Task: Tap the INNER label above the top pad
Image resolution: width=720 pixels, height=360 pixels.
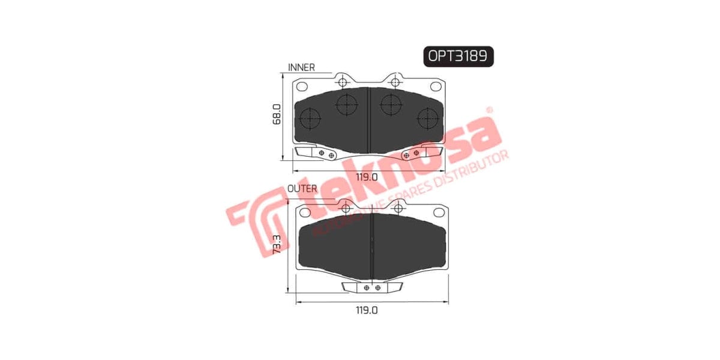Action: point(301,67)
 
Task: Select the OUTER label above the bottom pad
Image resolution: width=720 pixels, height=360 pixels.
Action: point(302,188)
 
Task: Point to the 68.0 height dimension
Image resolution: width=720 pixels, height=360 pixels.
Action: point(277,114)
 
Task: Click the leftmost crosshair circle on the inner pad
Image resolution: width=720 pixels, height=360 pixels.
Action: point(309,118)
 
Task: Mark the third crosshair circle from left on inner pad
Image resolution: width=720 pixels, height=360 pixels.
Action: point(391,104)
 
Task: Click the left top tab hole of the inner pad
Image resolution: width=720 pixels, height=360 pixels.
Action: point(343,82)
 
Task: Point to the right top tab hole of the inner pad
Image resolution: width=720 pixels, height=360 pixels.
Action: point(394,82)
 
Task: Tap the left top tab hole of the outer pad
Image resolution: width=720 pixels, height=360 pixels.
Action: point(345,209)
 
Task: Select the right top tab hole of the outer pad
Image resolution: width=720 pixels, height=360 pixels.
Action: point(397,209)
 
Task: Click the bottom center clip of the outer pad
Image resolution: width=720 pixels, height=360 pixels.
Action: point(371,287)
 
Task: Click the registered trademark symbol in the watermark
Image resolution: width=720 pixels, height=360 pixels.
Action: point(489,110)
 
